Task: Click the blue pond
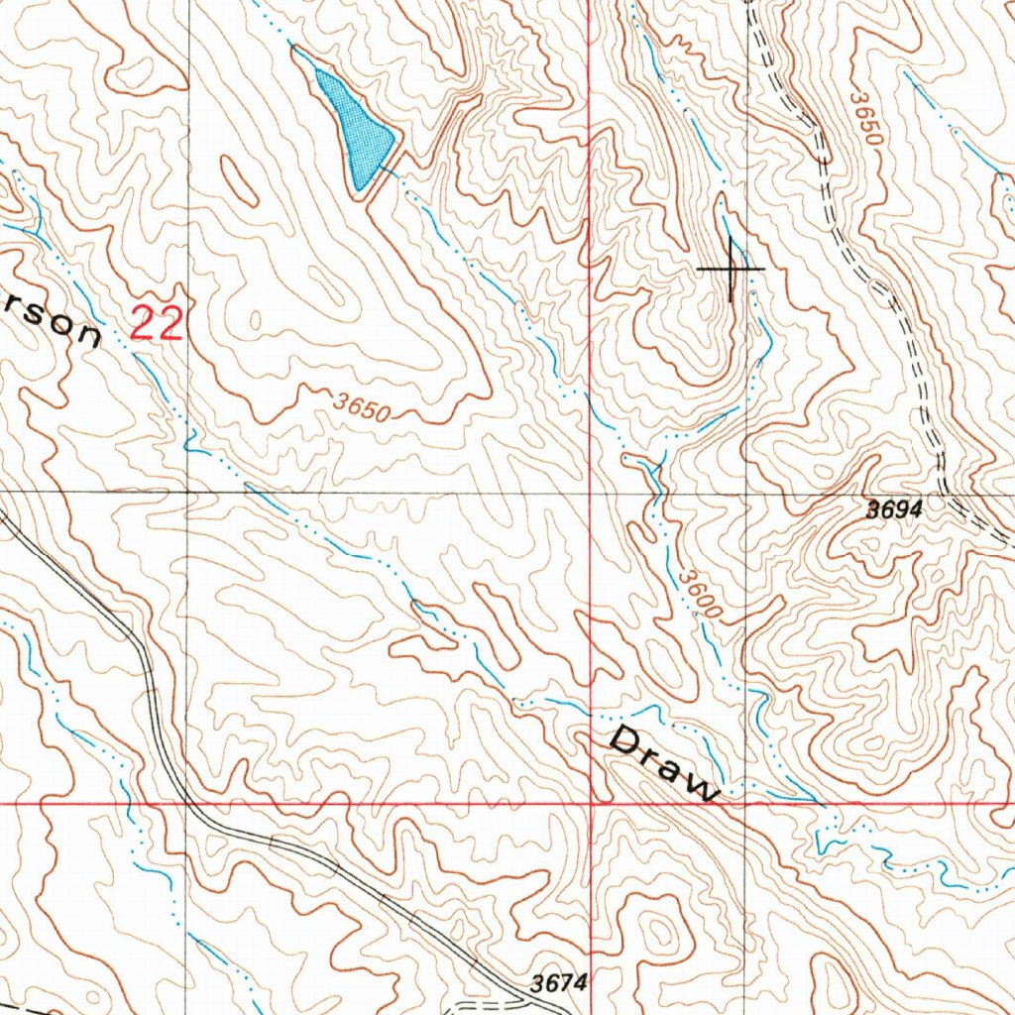352,124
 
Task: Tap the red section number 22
157,324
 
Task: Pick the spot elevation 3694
894,510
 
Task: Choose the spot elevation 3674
559,983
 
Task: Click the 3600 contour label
701,593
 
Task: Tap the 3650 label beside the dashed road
863,120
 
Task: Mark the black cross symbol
732,268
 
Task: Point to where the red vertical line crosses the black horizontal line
590,491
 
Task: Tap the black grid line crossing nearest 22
188,491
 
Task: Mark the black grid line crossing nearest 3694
746,491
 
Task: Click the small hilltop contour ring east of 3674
659,932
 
